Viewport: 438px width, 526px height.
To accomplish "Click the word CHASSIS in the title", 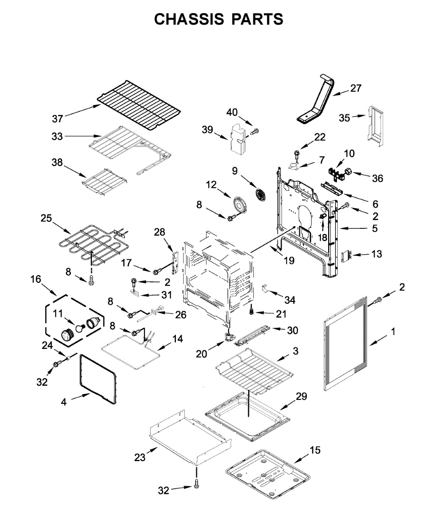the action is coord(189,19).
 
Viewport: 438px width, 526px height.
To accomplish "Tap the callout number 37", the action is coord(57,118).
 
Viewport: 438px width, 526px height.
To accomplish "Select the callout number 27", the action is coord(356,88).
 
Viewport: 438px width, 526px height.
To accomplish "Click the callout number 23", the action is coord(140,457).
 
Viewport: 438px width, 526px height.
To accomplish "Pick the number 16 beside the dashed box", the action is coord(36,279).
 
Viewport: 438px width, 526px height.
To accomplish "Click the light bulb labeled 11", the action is coord(80,328).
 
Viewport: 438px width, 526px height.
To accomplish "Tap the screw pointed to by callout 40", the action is coord(255,131).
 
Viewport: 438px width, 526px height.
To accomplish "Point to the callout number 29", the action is coord(301,397).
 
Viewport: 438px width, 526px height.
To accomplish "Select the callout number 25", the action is coord(46,218).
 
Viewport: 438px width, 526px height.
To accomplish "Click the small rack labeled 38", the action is coord(104,181).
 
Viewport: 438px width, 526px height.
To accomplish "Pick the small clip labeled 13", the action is coord(346,256).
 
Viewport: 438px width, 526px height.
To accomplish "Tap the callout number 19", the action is coord(289,260).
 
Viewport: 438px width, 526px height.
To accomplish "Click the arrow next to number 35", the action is coord(359,116).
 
